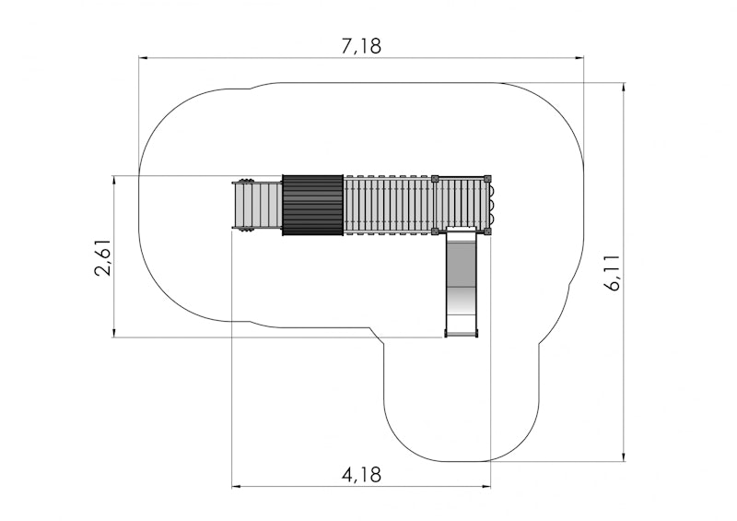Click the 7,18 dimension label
click(x=361, y=46)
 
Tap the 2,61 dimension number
click(x=104, y=256)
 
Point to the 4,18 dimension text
click(x=361, y=475)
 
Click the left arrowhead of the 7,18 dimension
click(x=144, y=58)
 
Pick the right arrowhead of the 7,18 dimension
click(x=579, y=58)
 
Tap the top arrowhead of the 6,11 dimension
click(x=624, y=88)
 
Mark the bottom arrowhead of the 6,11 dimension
click(x=624, y=456)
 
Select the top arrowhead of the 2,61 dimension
click(x=114, y=181)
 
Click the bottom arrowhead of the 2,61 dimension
click(x=114, y=332)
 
